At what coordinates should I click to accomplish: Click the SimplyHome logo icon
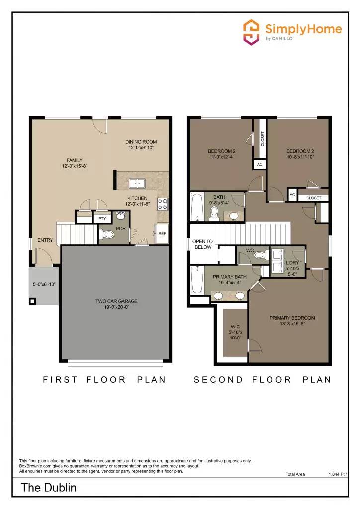point(252,32)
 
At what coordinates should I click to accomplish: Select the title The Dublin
point(49,487)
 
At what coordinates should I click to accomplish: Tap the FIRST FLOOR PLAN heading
point(104,380)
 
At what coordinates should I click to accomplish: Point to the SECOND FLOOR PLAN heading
point(263,380)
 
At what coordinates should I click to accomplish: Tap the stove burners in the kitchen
point(163,203)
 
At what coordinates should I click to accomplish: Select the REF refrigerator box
point(162,233)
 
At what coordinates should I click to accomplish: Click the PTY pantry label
point(102,219)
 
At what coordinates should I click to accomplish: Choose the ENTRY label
point(45,240)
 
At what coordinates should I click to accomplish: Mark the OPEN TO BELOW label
point(202,244)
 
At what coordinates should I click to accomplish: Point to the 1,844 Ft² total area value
point(338,475)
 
